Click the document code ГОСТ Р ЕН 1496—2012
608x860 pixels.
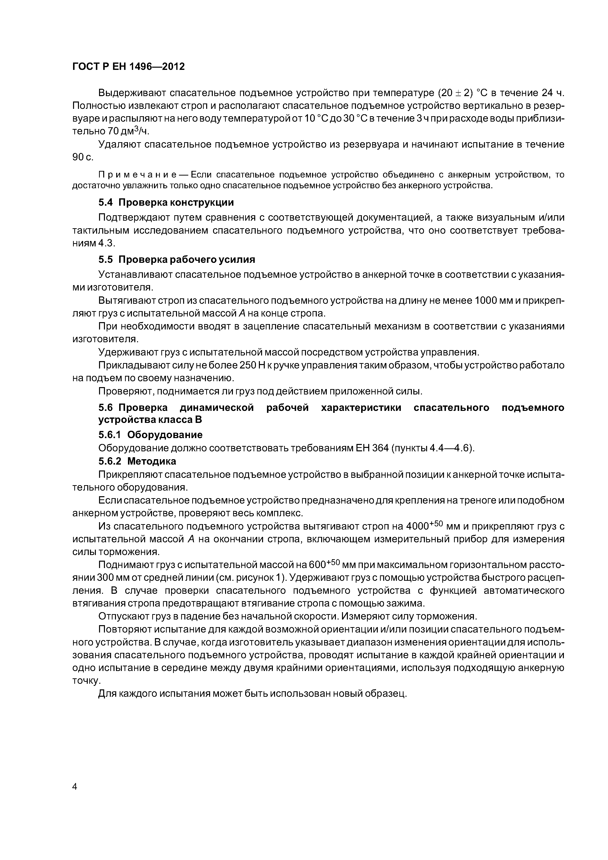(x=128, y=67)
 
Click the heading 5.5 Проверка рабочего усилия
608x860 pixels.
(x=177, y=260)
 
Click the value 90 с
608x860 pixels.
(x=82, y=157)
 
